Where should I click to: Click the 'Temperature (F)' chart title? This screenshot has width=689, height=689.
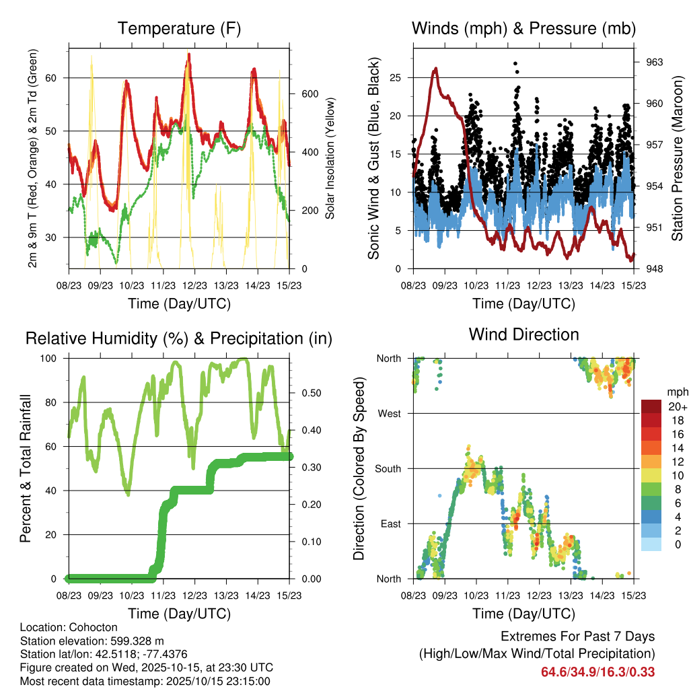click(179, 28)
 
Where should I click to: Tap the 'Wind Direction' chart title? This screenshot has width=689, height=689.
click(523, 334)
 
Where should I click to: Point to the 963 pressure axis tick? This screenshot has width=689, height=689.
click(655, 62)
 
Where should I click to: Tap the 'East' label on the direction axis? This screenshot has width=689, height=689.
click(390, 523)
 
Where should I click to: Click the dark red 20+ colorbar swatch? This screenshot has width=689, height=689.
click(653, 406)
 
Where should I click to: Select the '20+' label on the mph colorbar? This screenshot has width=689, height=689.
click(676, 406)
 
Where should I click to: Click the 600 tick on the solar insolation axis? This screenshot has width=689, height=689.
click(309, 94)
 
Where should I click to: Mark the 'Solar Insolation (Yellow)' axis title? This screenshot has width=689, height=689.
click(330, 158)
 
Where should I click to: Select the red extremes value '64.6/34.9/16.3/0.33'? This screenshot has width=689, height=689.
click(597, 672)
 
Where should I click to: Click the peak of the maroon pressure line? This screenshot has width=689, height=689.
click(436, 68)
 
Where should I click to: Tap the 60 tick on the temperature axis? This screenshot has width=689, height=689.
click(57, 77)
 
